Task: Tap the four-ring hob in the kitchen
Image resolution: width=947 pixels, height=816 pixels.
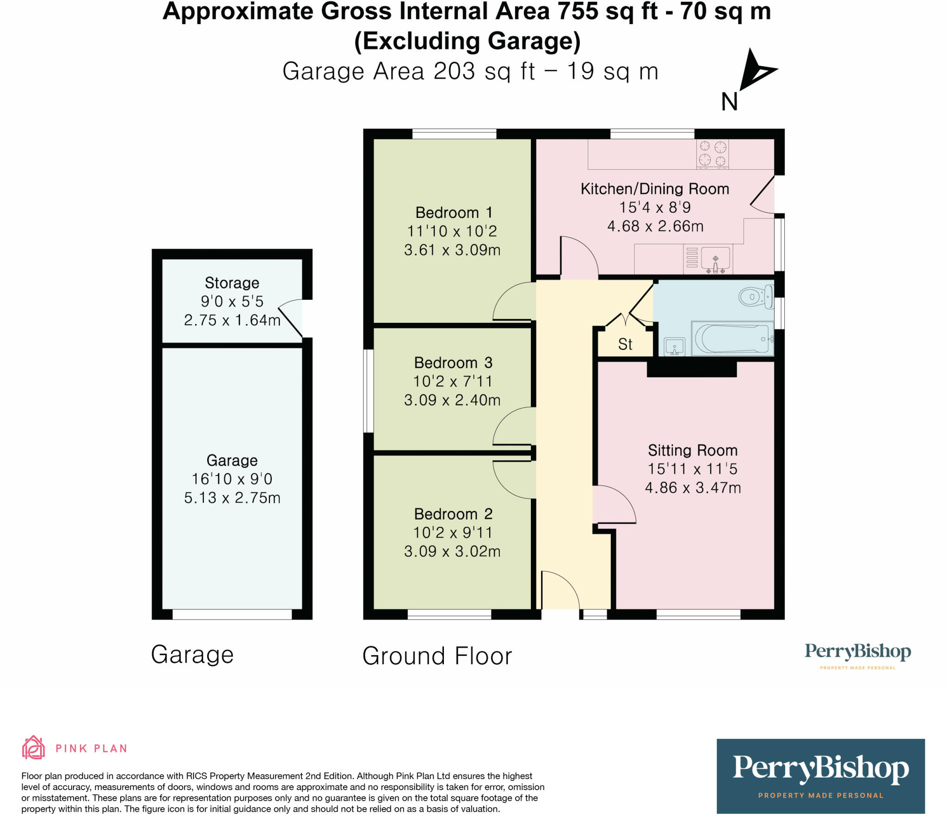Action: point(713,154)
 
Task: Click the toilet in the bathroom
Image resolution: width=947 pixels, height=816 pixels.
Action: point(756,297)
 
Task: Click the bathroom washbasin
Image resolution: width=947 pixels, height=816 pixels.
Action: point(674,347)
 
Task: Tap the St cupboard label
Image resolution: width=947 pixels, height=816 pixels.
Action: point(625,345)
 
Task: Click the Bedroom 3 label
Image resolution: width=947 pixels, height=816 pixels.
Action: point(453,363)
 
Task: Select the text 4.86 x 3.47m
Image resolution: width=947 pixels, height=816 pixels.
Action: point(693,488)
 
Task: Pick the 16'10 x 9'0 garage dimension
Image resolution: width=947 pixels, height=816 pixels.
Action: point(232,479)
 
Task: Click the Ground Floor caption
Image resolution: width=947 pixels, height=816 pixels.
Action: point(437,656)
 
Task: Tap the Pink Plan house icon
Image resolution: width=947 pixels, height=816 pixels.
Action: point(33,748)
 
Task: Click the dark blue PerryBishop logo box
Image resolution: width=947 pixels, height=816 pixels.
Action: point(820,776)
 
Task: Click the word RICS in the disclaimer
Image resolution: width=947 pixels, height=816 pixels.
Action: point(197,776)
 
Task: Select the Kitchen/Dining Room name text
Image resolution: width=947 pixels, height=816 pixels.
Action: point(655,189)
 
